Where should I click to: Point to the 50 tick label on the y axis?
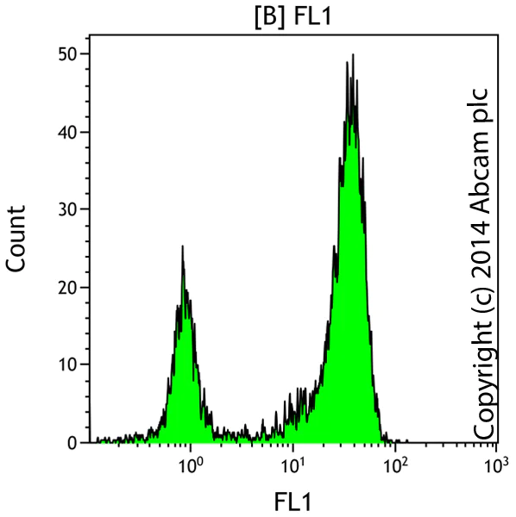(66, 53)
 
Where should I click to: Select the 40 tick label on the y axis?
(66, 131)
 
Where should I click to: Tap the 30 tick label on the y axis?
(66, 209)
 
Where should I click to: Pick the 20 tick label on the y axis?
(66, 286)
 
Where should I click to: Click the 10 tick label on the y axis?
(66, 364)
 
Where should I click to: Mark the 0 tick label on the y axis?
(72, 441)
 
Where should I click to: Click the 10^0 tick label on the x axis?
(191, 465)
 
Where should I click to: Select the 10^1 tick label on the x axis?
(294, 465)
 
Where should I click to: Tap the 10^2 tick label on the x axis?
(396, 465)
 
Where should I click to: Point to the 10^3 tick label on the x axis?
(496, 465)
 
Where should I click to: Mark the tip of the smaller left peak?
(183, 246)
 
